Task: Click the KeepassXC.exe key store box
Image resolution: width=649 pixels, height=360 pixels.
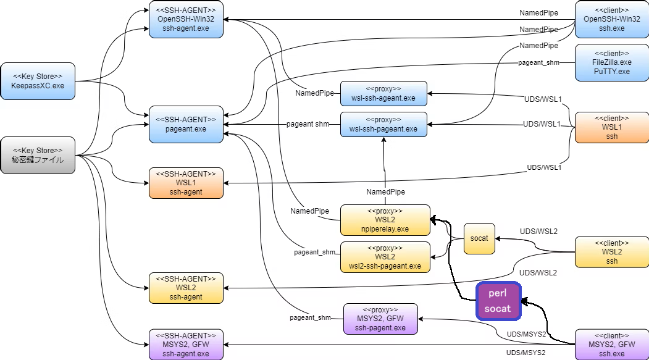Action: point(38,81)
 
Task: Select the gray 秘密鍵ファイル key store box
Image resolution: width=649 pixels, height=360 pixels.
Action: point(38,155)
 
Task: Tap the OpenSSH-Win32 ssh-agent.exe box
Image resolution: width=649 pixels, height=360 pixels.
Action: point(186,19)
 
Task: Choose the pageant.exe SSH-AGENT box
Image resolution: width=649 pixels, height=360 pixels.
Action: point(186,124)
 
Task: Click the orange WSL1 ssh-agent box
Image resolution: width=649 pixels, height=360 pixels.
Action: point(186,183)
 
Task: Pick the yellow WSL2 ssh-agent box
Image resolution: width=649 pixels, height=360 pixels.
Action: point(186,288)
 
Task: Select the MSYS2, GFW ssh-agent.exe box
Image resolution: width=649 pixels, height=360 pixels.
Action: point(186,345)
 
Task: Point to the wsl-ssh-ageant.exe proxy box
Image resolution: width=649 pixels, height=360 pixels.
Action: point(383,93)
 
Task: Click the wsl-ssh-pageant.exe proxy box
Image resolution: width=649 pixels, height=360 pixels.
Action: point(383,124)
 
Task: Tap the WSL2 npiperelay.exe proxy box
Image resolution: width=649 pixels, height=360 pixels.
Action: point(385,220)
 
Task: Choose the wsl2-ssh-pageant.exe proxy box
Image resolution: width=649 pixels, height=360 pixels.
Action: point(385,257)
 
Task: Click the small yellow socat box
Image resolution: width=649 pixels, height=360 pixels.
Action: point(479,238)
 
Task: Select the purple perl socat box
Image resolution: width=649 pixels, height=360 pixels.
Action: point(498,301)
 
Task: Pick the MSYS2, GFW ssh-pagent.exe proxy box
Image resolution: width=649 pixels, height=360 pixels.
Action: point(380,319)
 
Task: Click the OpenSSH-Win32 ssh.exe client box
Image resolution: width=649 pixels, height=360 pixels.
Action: point(612,19)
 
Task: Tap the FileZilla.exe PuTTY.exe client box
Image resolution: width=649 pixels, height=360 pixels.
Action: point(612,62)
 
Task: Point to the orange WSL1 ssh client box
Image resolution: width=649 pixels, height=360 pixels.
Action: point(612,127)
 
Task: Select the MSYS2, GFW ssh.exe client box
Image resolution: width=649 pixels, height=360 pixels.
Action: point(612,345)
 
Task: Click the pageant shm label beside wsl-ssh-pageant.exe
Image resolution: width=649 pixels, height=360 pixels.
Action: point(308,123)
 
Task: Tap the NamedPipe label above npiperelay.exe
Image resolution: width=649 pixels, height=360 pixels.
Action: point(385,191)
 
